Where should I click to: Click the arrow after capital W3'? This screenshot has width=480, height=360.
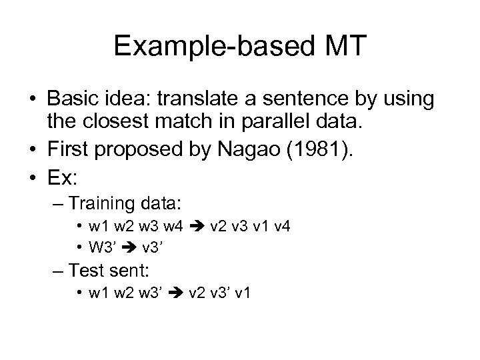[x=129, y=248]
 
